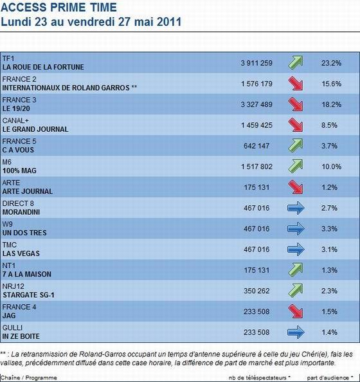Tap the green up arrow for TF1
pyautogui.click(x=296, y=62)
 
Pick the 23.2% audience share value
pyautogui.click(x=331, y=62)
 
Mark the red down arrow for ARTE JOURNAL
pyautogui.click(x=296, y=186)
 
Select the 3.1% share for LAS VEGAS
pyautogui.click(x=331, y=249)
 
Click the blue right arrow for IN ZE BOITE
pyautogui.click(x=296, y=332)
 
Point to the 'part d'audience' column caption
pyautogui.click(x=329, y=377)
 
